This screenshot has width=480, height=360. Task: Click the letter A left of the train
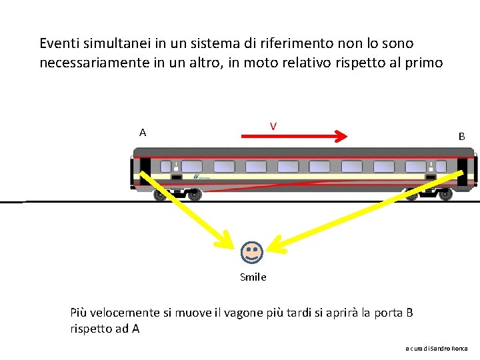(x=143, y=133)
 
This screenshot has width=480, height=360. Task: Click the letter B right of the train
(x=461, y=137)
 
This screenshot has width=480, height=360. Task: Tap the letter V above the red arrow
(x=273, y=126)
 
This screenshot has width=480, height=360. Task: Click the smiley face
(x=252, y=252)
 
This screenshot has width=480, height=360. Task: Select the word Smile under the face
(x=253, y=277)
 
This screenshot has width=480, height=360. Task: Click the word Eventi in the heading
(x=59, y=43)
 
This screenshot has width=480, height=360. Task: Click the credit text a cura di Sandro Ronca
(x=437, y=349)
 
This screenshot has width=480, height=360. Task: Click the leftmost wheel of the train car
(x=160, y=195)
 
